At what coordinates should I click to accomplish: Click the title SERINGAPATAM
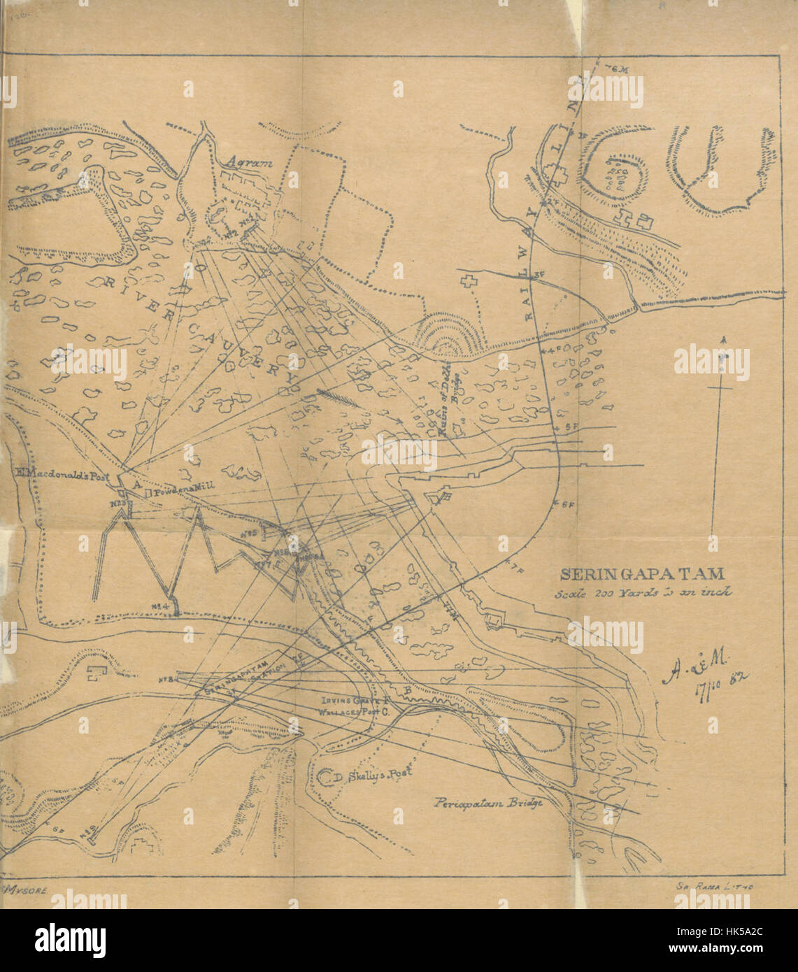[x=641, y=574]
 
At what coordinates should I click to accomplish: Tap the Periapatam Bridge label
[x=487, y=803]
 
